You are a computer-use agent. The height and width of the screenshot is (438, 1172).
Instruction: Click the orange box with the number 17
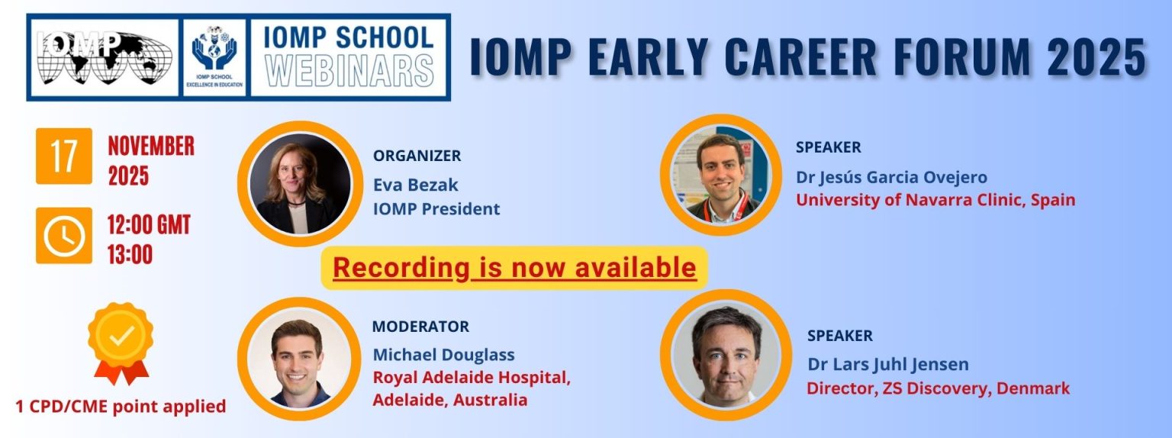(x=64, y=156)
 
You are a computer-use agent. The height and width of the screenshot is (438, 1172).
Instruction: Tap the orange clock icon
(x=64, y=236)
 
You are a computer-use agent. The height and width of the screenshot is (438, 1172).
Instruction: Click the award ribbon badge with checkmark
(x=121, y=343)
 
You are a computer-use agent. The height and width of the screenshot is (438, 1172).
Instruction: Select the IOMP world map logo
(x=105, y=57)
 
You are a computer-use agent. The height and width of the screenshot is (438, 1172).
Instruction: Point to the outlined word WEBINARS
(x=349, y=70)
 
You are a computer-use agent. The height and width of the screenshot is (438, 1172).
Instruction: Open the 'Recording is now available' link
(x=514, y=267)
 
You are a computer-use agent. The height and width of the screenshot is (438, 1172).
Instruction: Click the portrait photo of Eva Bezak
(x=301, y=184)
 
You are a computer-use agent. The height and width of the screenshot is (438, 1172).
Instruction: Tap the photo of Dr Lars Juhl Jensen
(x=726, y=355)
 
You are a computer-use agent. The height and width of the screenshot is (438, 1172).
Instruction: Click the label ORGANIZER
(x=417, y=156)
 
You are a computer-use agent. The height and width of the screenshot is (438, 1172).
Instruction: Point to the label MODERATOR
(x=420, y=326)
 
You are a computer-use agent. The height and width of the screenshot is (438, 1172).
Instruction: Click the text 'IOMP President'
(x=436, y=209)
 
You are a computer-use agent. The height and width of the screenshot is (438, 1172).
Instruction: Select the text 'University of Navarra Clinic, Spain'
(x=935, y=200)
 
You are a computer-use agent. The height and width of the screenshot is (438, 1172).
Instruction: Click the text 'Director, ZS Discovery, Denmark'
(x=938, y=388)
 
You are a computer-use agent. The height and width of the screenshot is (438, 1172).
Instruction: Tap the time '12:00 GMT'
(x=149, y=225)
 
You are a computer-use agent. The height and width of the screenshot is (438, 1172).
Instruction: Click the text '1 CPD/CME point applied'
(x=121, y=407)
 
